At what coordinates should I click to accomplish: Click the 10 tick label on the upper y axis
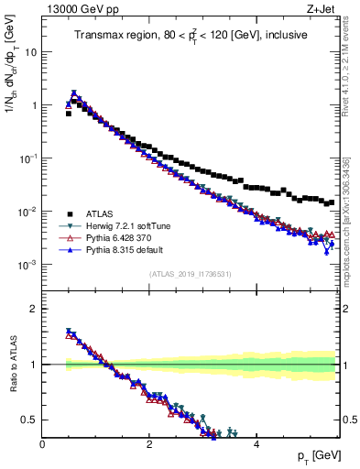(29, 52)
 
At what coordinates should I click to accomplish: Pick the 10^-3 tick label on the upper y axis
(27, 265)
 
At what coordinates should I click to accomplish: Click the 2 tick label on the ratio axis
(33, 309)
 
